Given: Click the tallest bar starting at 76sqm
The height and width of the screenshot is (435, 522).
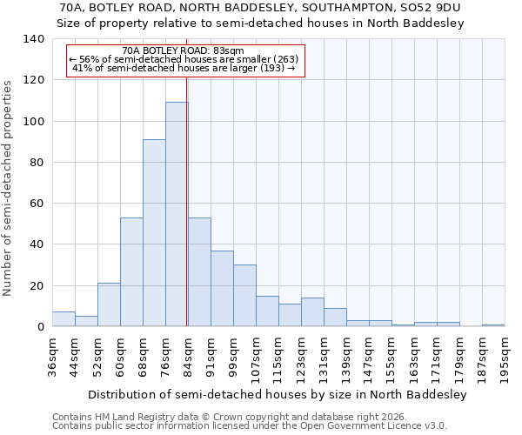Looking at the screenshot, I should click(177, 214).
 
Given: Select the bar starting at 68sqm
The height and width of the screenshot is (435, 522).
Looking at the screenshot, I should click(154, 233).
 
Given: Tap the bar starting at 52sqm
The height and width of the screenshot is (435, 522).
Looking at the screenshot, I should click(109, 304).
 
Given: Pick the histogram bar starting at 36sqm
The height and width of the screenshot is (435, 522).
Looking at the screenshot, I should click(64, 319).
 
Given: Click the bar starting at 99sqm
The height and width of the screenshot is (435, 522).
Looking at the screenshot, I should click(244, 296).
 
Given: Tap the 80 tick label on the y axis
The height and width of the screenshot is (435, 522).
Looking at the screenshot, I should click(37, 163).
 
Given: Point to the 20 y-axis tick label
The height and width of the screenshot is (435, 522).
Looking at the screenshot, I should click(37, 286).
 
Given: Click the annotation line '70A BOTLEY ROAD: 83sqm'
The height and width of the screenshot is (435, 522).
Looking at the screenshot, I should click(184, 51).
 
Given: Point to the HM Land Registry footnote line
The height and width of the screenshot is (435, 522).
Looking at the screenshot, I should click(238, 417).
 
